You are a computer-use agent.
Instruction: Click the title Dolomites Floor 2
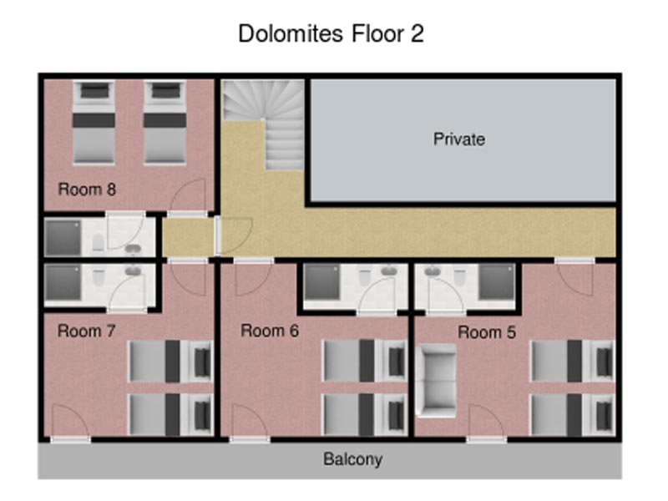coord(331,33)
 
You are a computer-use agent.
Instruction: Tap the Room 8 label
coord(87,190)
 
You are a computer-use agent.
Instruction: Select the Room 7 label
coord(87,331)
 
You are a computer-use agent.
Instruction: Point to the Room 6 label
coord(270,331)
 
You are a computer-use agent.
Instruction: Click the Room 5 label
coord(487,332)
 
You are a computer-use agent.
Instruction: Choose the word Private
coord(459,139)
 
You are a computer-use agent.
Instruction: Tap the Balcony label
coord(352,459)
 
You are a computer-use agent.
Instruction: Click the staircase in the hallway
coord(264,124)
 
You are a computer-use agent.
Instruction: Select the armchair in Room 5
coord(436,381)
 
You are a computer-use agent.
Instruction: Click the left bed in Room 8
coord(94,123)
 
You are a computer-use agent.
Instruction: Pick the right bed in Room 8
coord(164,123)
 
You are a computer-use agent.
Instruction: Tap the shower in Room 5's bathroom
coord(496,281)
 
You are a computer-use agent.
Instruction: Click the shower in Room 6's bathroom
coord(322,281)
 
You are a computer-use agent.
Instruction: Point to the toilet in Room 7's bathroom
coord(99,278)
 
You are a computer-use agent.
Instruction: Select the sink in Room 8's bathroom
coord(134,249)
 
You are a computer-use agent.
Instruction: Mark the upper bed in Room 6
coord(364,361)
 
